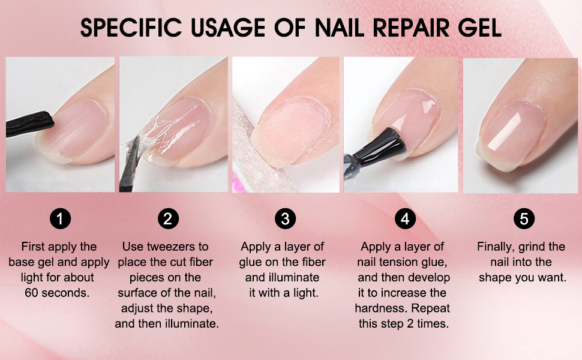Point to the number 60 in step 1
(x=32, y=293)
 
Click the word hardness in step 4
(x=379, y=308)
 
